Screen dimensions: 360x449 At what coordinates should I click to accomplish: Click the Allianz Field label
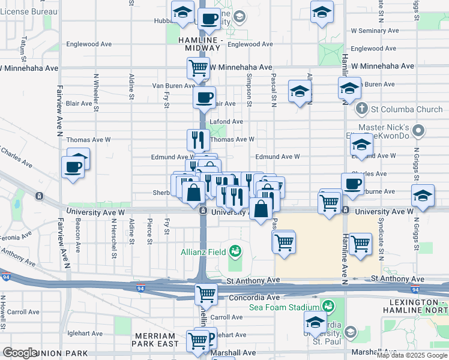click(x=203, y=251)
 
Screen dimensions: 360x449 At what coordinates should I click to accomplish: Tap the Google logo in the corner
click(x=20, y=353)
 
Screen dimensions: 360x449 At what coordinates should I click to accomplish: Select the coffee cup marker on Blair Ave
click(x=204, y=97)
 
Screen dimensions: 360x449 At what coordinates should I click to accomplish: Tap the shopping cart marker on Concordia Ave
click(x=206, y=294)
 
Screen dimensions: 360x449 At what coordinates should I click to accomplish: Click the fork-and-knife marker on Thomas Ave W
click(x=197, y=140)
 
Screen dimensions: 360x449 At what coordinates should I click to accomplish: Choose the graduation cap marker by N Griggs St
click(x=423, y=196)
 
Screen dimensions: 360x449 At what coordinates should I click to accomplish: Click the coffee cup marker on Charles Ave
click(x=352, y=184)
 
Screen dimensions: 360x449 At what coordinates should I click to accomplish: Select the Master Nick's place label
click(x=384, y=128)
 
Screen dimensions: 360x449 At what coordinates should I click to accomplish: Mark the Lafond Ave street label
click(x=226, y=121)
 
